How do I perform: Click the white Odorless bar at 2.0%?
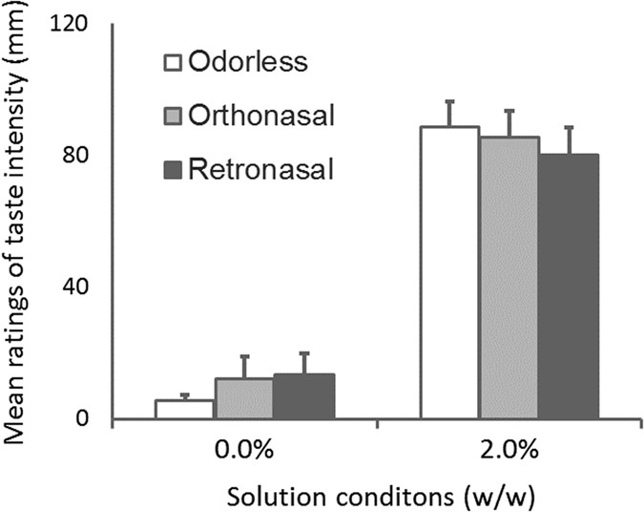[x=449, y=273]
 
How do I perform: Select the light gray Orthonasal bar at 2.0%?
[x=509, y=278]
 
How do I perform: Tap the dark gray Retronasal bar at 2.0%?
[x=568, y=287]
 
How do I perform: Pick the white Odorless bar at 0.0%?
[x=184, y=410]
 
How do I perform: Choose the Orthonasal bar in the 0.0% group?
[x=243, y=399]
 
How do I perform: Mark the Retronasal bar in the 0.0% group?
[x=303, y=397]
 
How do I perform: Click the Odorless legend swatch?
[x=173, y=64]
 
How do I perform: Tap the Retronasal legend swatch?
[x=173, y=171]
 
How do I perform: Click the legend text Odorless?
[x=247, y=63]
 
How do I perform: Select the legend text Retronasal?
[x=260, y=171]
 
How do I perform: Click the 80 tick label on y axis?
[x=78, y=155]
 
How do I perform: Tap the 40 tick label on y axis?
[x=78, y=287]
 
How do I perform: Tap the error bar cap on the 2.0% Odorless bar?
[x=449, y=101]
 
